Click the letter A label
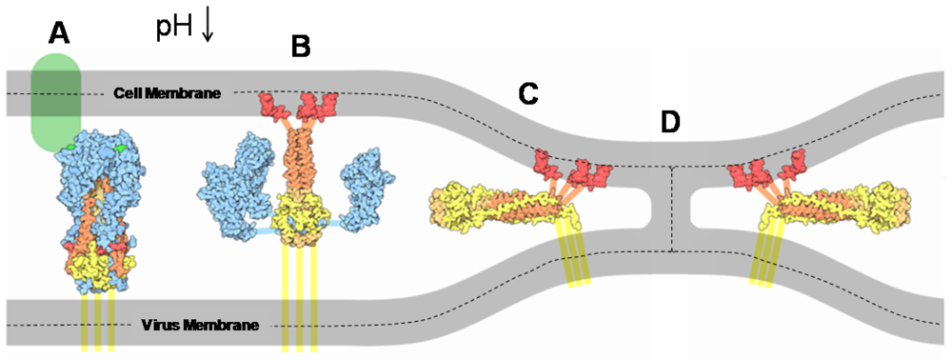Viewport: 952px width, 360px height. tap(60, 34)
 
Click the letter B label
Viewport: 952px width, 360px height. tap(301, 45)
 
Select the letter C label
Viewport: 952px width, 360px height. tap(528, 92)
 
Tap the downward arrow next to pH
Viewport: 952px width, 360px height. tap(208, 25)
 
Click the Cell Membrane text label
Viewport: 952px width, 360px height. tap(168, 93)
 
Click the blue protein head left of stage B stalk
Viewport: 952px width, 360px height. tap(233, 171)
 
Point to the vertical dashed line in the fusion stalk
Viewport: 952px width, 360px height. tap(672, 210)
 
